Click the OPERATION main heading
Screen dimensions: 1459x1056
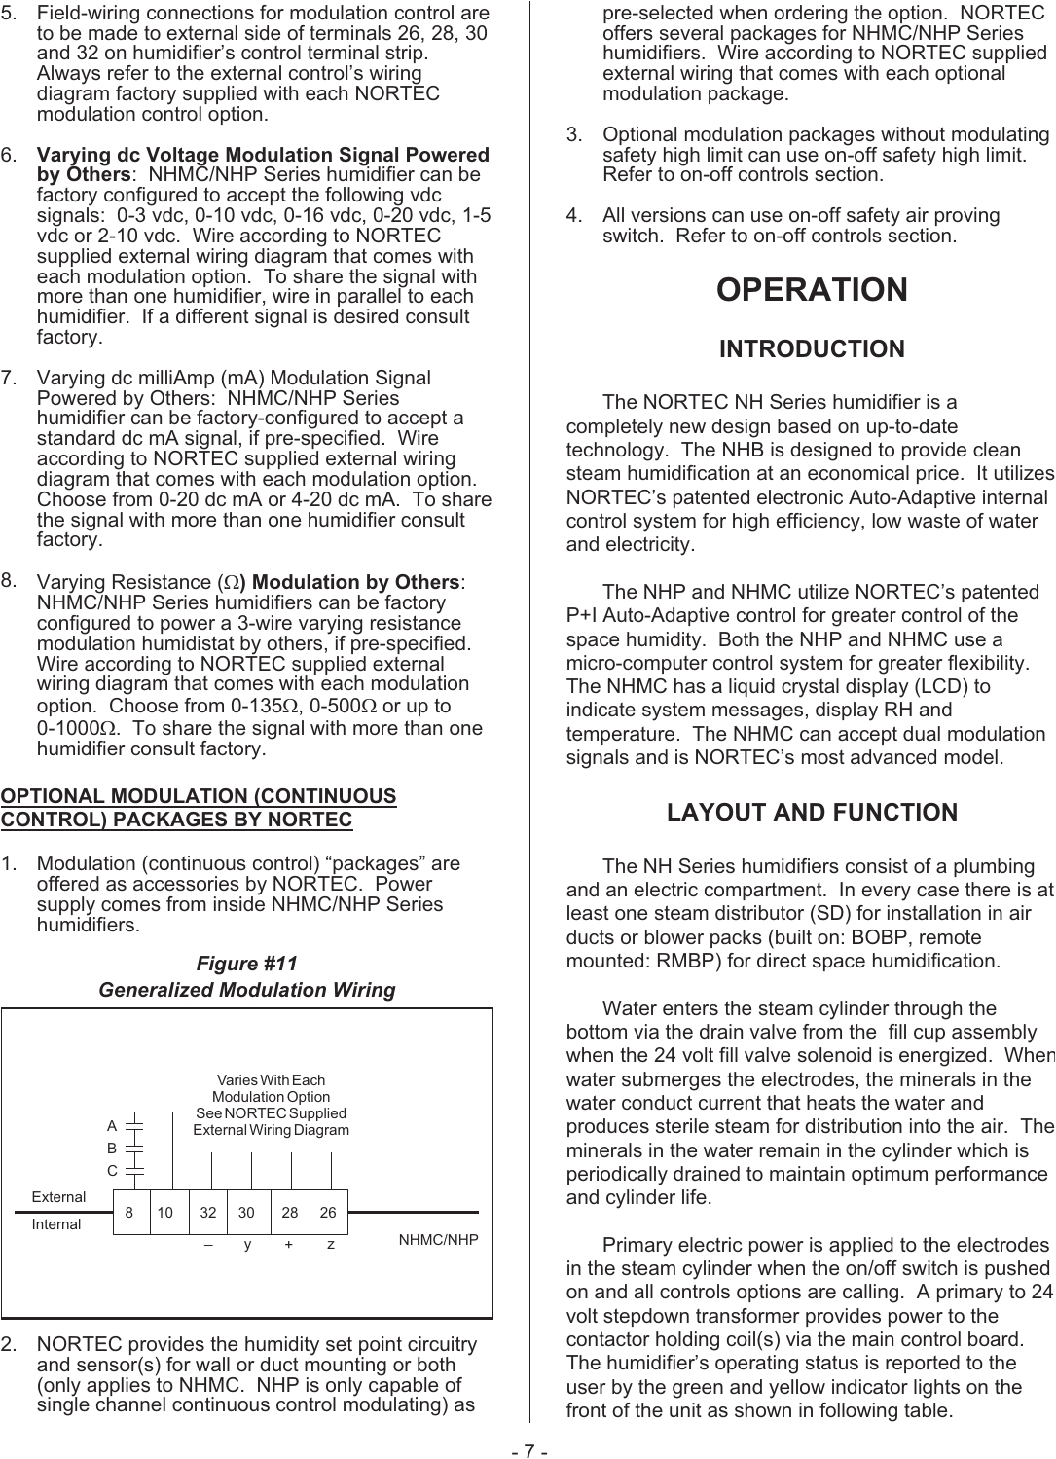[x=812, y=290]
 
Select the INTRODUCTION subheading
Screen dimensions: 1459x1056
[x=812, y=348]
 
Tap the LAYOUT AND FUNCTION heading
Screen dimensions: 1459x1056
[x=812, y=813]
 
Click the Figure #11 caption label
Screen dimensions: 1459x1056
[x=246, y=964]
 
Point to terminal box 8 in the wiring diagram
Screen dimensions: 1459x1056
[x=130, y=1213]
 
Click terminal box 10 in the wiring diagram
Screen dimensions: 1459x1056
[x=166, y=1213]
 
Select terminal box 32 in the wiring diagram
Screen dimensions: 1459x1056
[x=208, y=1213]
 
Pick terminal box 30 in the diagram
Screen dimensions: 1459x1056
[x=247, y=1213]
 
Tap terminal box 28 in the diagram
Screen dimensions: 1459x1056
[x=290, y=1213]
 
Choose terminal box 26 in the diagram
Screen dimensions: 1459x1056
[x=328, y=1213]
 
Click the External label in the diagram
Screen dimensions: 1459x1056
[x=58, y=1197]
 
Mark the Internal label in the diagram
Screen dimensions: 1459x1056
[x=56, y=1224]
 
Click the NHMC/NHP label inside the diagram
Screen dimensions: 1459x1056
[x=438, y=1240]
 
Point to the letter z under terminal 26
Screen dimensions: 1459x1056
[x=331, y=1245]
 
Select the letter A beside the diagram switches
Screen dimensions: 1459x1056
[x=112, y=1126]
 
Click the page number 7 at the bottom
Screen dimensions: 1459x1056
[x=529, y=1451]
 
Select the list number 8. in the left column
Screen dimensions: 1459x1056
[x=9, y=581]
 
